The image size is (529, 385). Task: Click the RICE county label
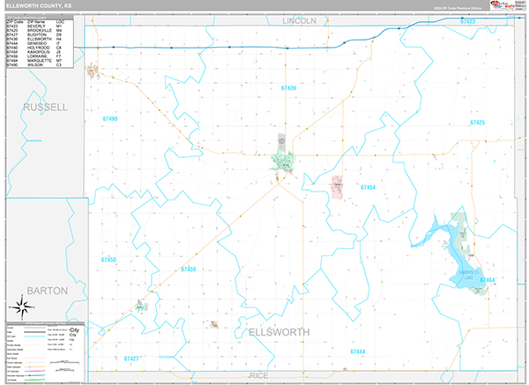258,375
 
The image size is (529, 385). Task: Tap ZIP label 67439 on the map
288,89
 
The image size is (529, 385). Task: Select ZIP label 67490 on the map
109,117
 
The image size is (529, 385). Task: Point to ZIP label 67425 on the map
478,123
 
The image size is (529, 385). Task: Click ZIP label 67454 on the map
368,187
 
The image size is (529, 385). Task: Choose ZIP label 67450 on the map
109,260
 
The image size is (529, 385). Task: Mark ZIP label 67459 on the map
188,268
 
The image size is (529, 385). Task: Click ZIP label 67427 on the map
131,359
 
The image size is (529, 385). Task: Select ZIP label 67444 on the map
357,351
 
